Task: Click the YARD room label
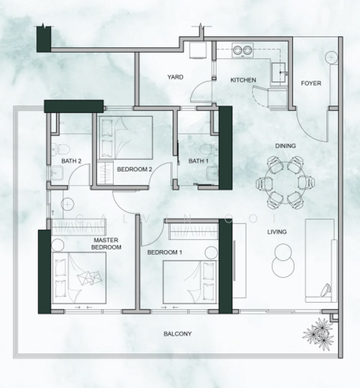point(175,77)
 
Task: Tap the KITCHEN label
point(244,80)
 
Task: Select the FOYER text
point(311,84)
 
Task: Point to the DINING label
point(284,146)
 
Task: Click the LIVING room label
point(278,232)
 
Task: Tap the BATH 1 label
point(199,161)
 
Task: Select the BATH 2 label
point(70,161)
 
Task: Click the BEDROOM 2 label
point(134,169)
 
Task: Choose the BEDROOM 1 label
point(164,252)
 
